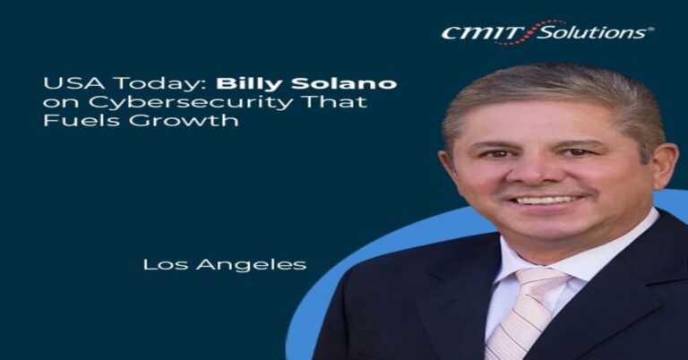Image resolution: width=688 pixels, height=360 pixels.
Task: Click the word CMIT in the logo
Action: (483, 33)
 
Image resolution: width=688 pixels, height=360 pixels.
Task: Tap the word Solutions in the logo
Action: (592, 32)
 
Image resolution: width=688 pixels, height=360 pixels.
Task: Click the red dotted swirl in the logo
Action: (530, 32)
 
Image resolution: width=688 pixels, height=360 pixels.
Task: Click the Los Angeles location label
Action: (225, 264)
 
